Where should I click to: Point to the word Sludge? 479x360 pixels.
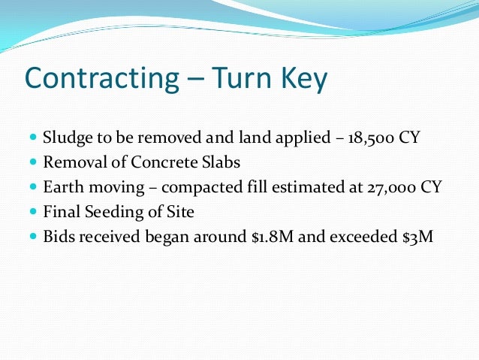click(66, 138)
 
